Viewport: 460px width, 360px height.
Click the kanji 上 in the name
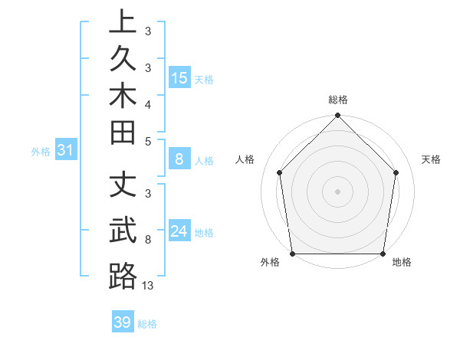[x=123, y=21]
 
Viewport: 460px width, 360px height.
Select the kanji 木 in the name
[x=123, y=93]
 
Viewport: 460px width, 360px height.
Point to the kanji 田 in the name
[x=123, y=130]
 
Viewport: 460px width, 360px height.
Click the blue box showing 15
[x=179, y=78]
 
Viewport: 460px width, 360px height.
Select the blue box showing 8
[x=179, y=159]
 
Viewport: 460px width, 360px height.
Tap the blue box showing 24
[x=179, y=231]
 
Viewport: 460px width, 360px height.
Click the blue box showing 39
[x=123, y=322]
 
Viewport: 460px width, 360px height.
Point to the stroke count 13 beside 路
[x=149, y=286]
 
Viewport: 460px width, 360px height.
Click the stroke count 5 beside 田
[x=148, y=141]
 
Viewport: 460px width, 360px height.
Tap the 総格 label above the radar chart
[x=337, y=100]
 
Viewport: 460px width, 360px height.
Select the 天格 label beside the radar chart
[x=431, y=159]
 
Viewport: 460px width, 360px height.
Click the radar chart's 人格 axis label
[x=245, y=159]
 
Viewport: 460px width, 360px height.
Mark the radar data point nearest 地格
[x=383, y=254]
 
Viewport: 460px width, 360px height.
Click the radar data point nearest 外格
[x=292, y=254]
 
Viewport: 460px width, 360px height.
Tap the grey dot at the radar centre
[x=337, y=191]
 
